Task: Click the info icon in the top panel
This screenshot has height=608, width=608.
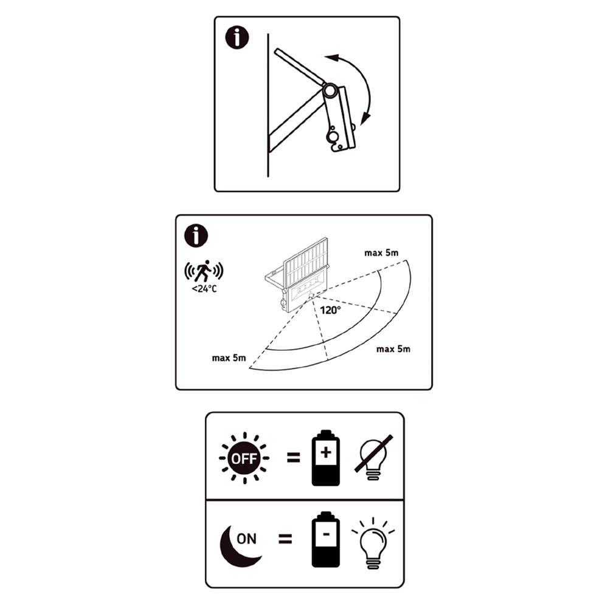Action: click(x=237, y=37)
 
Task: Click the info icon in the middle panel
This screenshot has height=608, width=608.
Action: click(x=196, y=235)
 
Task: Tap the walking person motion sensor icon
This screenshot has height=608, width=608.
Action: click(x=204, y=271)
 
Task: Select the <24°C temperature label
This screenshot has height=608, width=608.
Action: click(x=204, y=289)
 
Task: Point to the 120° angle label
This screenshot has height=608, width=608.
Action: click(x=330, y=310)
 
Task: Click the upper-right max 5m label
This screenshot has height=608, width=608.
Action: click(x=381, y=253)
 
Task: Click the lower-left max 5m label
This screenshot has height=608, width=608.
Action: click(x=229, y=358)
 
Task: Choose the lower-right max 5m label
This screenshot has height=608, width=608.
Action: click(x=393, y=349)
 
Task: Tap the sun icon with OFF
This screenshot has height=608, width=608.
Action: click(x=244, y=458)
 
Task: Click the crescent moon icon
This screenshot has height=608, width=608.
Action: click(x=235, y=548)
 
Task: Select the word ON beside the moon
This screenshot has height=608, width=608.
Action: click(x=247, y=539)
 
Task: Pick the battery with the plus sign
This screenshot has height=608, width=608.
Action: click(x=326, y=458)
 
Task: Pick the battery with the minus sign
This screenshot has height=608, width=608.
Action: click(x=326, y=540)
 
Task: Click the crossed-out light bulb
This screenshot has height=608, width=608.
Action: click(x=373, y=458)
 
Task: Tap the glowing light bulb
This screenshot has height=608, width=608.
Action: click(x=373, y=544)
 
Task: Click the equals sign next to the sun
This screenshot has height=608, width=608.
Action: click(x=294, y=458)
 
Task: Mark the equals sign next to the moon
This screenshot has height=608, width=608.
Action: click(x=285, y=539)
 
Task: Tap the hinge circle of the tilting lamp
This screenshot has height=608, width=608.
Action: click(x=330, y=92)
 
